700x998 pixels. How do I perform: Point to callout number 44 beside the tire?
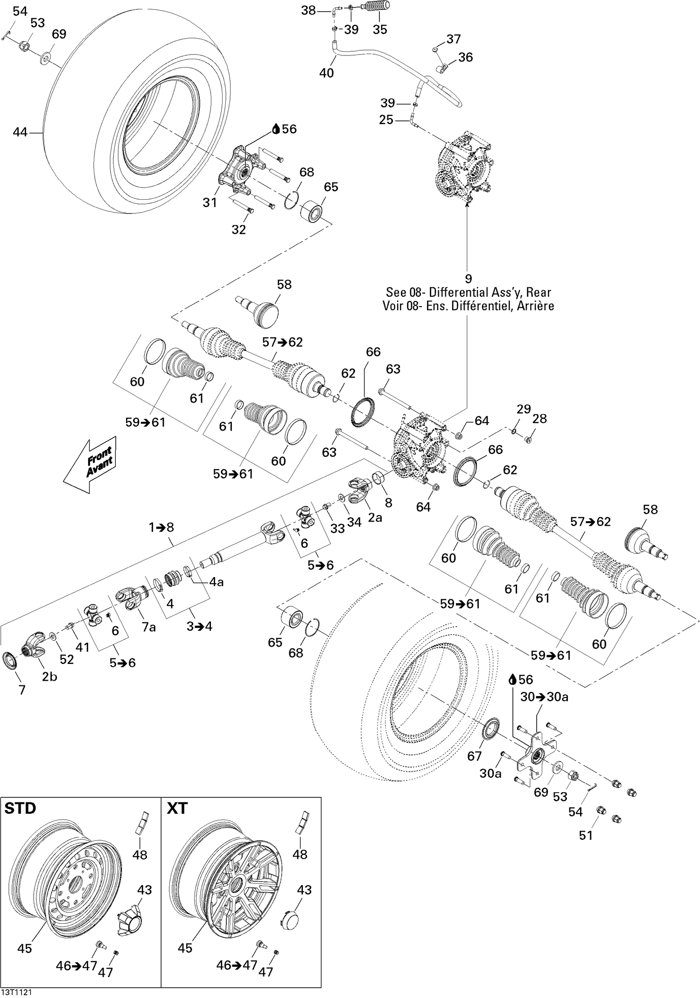click(20, 133)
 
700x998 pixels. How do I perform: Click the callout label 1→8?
click(161, 527)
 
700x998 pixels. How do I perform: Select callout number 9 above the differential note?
click(468, 279)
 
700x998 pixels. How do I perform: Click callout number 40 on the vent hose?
click(326, 73)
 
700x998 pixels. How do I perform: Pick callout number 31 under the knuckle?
click(210, 202)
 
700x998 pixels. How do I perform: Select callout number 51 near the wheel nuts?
click(586, 835)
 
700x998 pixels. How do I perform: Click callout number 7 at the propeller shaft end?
click(22, 689)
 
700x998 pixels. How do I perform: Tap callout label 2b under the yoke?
click(49, 677)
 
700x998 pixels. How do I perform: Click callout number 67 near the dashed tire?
click(474, 756)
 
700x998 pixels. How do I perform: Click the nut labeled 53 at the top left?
click(26, 46)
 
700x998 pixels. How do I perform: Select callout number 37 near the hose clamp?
click(453, 39)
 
